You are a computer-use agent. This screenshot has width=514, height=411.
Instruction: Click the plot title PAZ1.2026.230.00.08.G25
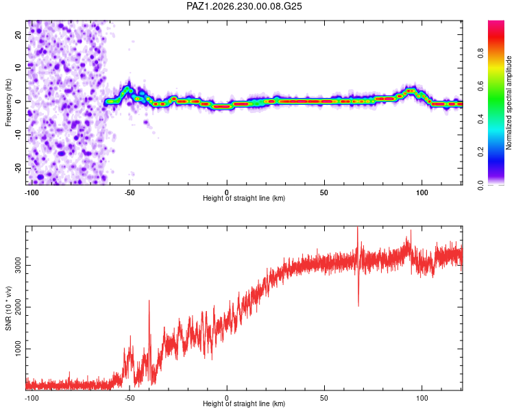244,6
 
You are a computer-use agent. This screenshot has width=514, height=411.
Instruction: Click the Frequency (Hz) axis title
8,103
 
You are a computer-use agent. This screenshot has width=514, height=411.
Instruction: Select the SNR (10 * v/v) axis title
8,308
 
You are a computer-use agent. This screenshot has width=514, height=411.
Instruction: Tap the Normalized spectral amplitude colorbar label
509,102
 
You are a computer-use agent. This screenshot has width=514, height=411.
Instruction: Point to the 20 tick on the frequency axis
18,34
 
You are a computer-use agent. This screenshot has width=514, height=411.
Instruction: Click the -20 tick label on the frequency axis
18,168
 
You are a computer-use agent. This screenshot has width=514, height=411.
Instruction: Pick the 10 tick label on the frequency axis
18,68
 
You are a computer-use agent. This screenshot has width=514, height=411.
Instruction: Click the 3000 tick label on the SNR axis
18,266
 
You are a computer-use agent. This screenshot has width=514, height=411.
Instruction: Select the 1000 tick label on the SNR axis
18,349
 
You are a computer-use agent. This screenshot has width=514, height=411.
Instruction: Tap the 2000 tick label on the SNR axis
18,307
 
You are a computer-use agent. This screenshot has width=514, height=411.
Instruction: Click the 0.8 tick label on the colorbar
480,53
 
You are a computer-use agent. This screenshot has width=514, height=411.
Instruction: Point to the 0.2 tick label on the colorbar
480,152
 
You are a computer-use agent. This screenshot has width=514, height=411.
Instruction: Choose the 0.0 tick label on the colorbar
480,185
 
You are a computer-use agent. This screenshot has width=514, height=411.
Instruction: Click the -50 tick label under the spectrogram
130,192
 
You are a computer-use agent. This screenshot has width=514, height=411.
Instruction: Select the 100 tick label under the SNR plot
422,398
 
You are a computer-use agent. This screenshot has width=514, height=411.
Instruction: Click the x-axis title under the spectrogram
244,198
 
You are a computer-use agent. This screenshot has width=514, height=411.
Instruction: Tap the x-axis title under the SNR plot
244,403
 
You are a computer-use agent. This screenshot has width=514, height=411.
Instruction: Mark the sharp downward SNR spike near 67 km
358,306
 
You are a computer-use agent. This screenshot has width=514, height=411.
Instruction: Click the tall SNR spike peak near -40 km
149,301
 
